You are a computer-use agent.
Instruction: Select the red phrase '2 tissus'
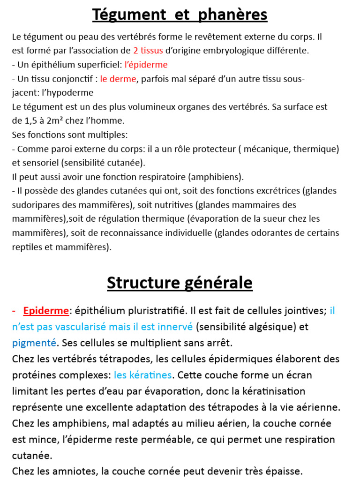click(x=148, y=51)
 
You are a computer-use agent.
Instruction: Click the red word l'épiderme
click(x=146, y=65)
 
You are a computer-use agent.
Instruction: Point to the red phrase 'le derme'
click(x=118, y=79)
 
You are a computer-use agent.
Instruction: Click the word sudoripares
click(x=35, y=205)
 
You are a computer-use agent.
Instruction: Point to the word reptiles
click(x=26, y=247)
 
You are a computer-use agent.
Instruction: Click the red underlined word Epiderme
click(x=46, y=311)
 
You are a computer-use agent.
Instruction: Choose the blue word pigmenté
click(x=34, y=343)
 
